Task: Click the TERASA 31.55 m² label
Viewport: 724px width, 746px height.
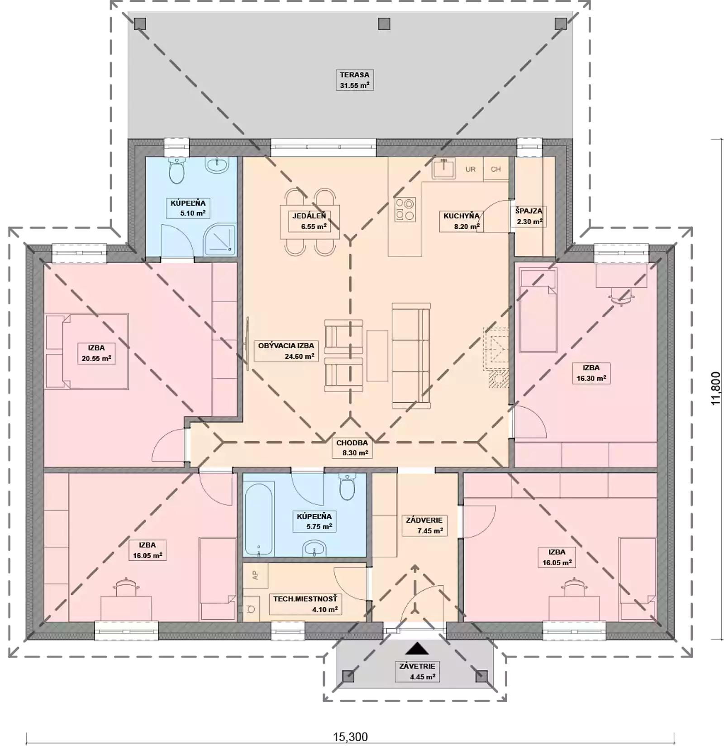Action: pos(354,80)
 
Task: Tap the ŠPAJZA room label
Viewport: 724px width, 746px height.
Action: pos(529,216)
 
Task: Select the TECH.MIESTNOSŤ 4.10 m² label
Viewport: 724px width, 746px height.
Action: pos(305,604)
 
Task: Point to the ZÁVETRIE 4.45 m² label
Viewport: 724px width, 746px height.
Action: pos(417,672)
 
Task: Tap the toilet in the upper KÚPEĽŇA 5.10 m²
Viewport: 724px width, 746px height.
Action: pos(176,171)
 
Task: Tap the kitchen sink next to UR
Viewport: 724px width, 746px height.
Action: pos(443,169)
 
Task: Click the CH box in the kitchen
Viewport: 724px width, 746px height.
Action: pos(496,169)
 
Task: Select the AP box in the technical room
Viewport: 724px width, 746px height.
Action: pos(255,575)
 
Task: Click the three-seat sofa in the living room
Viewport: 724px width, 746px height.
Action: pos(410,356)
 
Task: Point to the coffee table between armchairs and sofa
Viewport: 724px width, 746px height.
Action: pos(377,356)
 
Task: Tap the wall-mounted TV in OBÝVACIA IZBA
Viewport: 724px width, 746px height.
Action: pos(248,343)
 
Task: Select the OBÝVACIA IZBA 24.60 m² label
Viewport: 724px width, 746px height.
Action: pos(286,351)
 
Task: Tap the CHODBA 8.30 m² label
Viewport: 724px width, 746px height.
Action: pos(352,448)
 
